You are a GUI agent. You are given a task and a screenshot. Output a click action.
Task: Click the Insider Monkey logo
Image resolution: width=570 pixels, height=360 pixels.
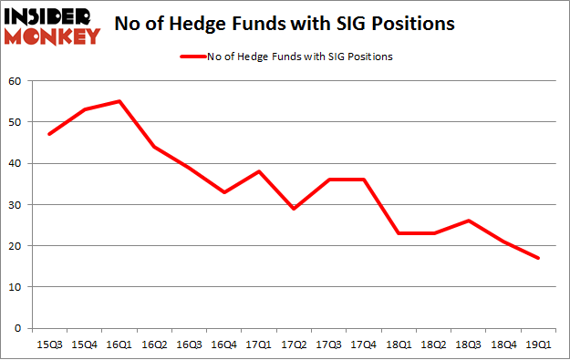52,26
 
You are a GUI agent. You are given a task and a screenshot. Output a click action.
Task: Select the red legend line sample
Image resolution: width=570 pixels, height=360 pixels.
194,57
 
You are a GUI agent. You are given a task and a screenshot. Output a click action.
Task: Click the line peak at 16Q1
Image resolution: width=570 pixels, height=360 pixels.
119,101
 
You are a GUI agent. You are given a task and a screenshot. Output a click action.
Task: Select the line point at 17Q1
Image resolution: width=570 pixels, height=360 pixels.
259,171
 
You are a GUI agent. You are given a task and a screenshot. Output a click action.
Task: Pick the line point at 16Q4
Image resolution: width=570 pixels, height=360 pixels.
223,192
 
